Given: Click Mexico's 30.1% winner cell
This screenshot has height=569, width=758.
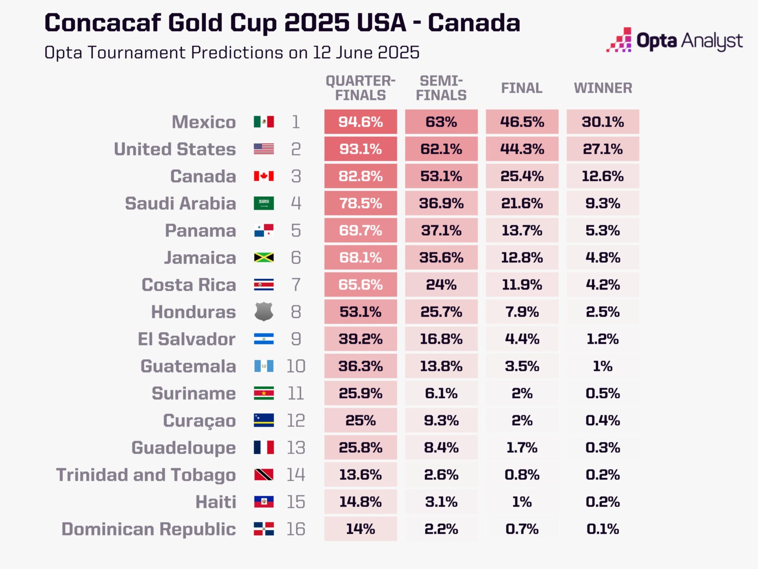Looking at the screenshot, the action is [x=603, y=122].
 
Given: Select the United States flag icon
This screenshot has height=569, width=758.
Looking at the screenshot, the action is [x=264, y=149].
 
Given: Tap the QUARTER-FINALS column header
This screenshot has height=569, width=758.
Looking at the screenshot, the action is [x=361, y=88].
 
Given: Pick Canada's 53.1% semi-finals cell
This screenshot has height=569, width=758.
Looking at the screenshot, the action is [x=441, y=176].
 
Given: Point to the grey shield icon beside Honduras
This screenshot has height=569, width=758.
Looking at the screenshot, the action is [x=264, y=312].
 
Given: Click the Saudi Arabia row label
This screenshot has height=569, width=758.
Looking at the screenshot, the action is [x=180, y=203].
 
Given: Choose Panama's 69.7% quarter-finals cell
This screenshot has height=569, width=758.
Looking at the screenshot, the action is [x=361, y=230].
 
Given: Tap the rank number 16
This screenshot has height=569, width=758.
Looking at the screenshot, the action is [x=296, y=529].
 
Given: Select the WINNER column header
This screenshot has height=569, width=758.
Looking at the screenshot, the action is [x=603, y=88].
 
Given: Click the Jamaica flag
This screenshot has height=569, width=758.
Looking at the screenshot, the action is [x=264, y=257].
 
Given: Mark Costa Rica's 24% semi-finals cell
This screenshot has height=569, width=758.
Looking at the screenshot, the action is [x=441, y=284].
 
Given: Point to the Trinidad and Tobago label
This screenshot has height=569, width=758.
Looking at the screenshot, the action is [x=146, y=475].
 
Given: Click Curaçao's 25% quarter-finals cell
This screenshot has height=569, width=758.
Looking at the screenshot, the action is [x=361, y=420].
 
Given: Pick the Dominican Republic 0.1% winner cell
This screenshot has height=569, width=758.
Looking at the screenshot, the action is [x=603, y=529].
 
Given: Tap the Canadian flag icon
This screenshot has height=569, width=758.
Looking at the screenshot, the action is [x=264, y=176].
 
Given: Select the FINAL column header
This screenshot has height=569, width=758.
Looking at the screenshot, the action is [x=522, y=88].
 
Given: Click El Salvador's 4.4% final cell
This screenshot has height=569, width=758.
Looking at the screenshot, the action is [x=522, y=339].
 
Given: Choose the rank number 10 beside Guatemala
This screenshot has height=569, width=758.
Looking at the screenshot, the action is [x=296, y=366].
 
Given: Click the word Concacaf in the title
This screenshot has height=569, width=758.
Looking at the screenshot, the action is [x=103, y=23].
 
